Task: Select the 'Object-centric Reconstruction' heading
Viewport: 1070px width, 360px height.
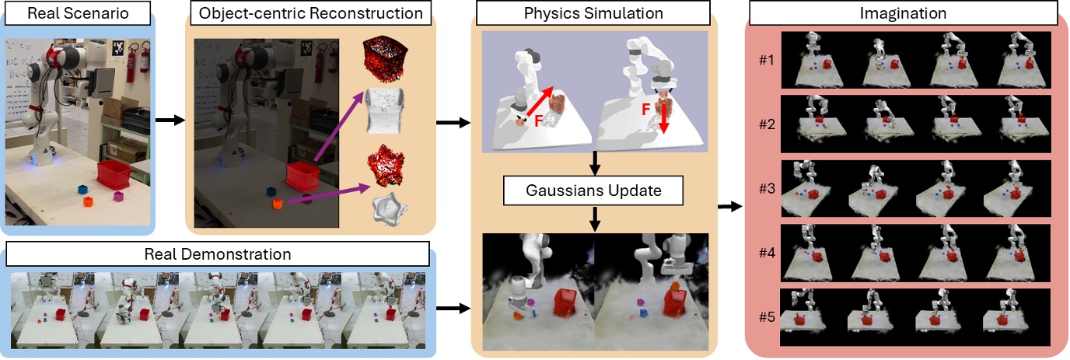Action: click(311, 13)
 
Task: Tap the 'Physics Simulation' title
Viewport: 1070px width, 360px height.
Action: click(593, 13)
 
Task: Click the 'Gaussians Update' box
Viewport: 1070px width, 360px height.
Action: click(593, 190)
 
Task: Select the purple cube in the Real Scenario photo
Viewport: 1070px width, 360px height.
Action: click(119, 197)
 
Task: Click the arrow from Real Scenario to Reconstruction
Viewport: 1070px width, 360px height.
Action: click(170, 121)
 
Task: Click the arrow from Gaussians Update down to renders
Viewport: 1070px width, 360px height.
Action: click(594, 220)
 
